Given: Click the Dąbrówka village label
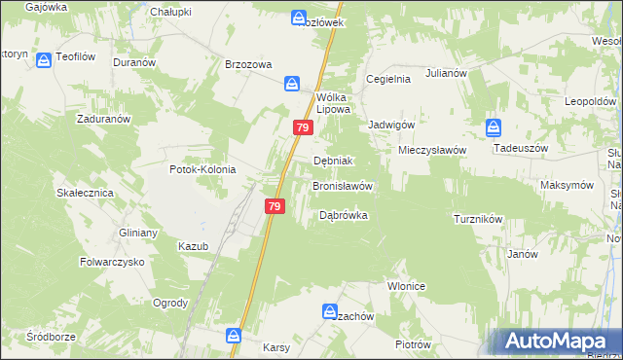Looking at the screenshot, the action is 343,216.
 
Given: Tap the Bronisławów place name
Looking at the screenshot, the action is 342,185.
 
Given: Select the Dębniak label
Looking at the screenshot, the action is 332,161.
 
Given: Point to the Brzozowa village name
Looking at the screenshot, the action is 247,64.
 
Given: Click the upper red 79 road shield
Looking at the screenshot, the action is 302,127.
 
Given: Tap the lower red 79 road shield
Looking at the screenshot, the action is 275,206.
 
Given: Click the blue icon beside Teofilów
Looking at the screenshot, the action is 45,60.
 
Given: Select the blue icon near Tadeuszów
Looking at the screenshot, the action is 494,126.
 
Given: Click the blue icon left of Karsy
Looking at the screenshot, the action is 234,336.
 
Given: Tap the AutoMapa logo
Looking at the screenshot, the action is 555,342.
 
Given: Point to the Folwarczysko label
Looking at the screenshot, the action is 112,262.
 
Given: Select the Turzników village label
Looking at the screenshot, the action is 477,219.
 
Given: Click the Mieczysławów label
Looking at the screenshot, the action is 432,150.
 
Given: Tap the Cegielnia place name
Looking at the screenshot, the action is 387,79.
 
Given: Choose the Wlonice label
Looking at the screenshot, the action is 409,287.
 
